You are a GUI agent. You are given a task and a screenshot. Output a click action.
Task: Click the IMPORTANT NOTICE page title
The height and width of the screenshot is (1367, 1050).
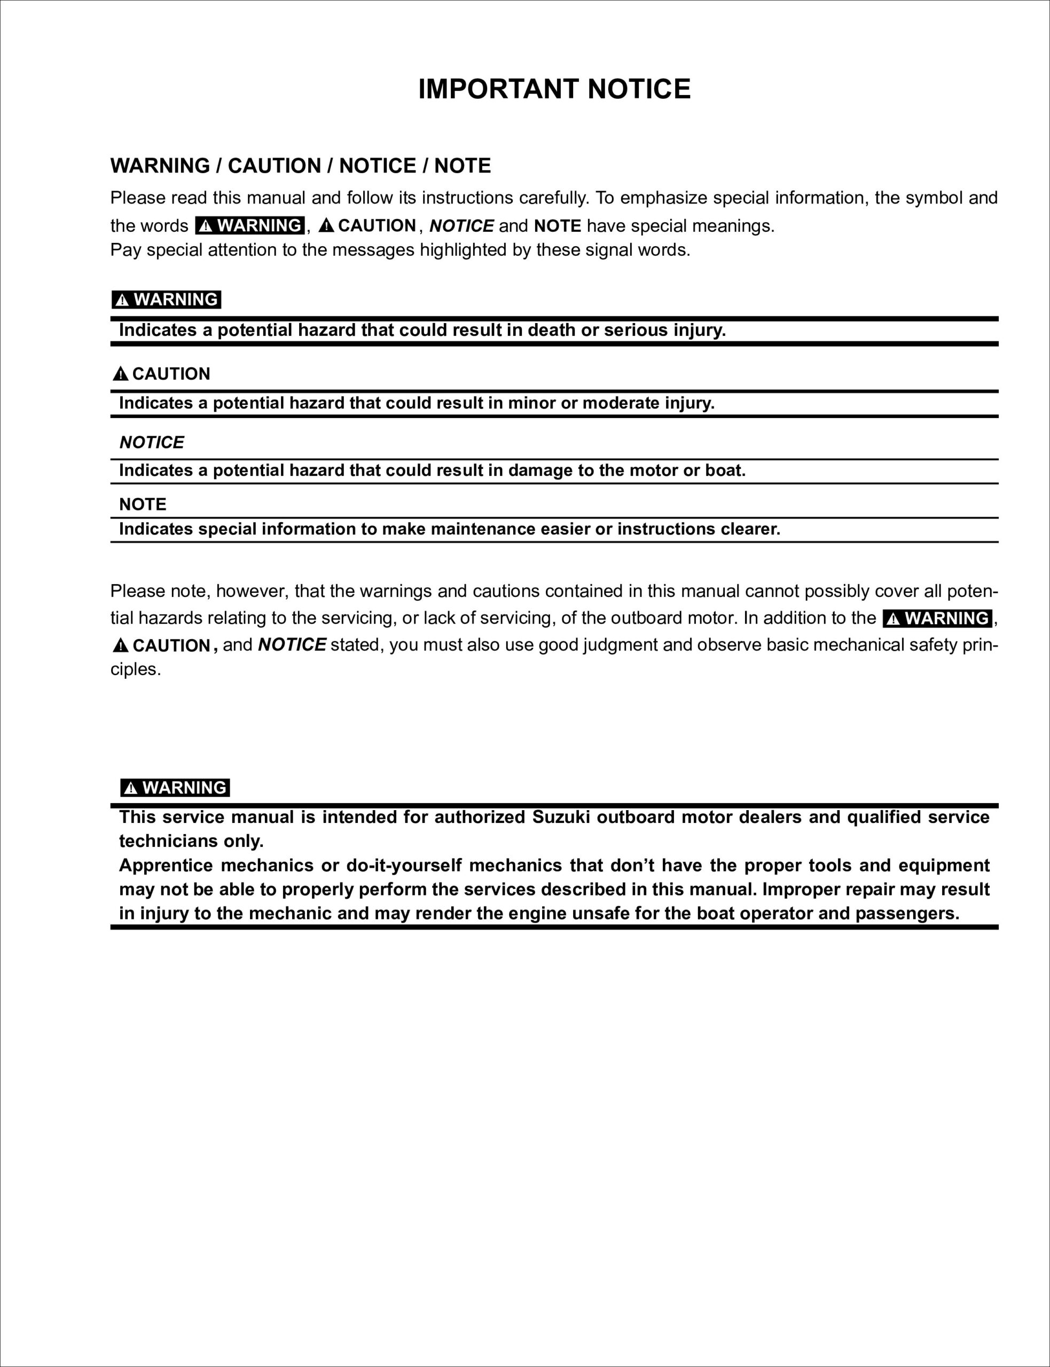point(554,89)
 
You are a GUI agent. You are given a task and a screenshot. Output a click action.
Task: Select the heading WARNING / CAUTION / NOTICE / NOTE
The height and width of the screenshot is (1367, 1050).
point(301,166)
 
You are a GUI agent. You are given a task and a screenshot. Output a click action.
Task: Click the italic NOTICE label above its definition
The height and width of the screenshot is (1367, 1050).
point(151,442)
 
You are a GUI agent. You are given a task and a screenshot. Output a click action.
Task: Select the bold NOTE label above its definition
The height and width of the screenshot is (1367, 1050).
point(143,504)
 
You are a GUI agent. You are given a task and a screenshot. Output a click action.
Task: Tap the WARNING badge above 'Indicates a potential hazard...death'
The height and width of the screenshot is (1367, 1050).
point(166,300)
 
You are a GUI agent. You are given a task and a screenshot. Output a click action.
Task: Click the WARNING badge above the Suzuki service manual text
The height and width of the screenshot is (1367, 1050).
point(175,787)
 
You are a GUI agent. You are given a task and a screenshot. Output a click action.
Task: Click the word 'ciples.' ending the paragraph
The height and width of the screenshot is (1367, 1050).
point(136,669)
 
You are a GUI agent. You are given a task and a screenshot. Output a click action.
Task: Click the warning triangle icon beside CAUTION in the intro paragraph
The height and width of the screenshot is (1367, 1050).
point(326,225)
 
